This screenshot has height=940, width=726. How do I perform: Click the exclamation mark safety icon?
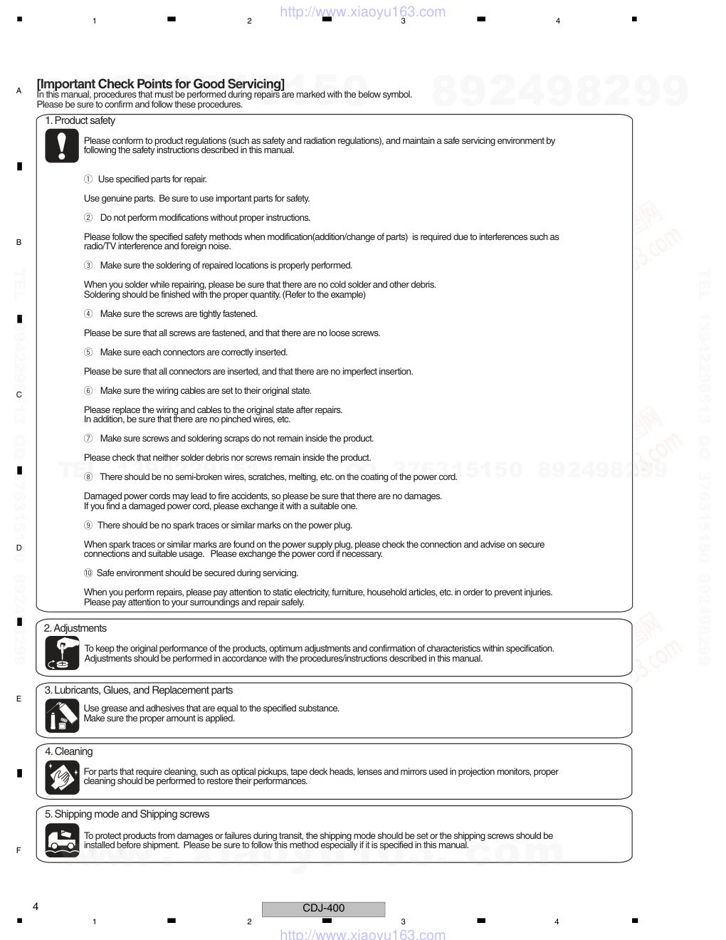pyautogui.click(x=62, y=146)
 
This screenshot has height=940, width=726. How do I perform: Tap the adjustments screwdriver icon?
pyautogui.click(x=62, y=652)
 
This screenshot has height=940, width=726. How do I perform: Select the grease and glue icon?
pyautogui.click(x=62, y=715)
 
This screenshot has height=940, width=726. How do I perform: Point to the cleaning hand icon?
pyautogui.click(x=62, y=777)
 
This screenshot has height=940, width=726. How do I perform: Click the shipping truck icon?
pyautogui.click(x=62, y=840)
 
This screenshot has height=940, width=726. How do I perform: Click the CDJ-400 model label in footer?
pyautogui.click(x=323, y=908)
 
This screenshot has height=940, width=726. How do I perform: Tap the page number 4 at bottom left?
pyautogui.click(x=36, y=907)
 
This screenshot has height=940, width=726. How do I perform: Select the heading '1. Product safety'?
pyautogui.click(x=80, y=120)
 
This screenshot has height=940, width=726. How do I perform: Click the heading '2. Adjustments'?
pyautogui.click(x=75, y=628)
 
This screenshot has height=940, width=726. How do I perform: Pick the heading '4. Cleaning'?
pyautogui.click(x=68, y=751)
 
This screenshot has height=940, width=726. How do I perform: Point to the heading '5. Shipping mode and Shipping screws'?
pyautogui.click(x=127, y=814)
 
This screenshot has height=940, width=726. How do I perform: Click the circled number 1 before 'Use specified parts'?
pyautogui.click(x=88, y=179)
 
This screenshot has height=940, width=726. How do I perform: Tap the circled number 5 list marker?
pyautogui.click(x=88, y=352)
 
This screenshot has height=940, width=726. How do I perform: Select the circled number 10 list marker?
pyautogui.click(x=88, y=573)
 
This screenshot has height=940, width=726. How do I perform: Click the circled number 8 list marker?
pyautogui.click(x=88, y=477)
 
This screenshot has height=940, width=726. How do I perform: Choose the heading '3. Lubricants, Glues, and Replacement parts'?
pyautogui.click(x=139, y=690)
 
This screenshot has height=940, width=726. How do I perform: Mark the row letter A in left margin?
pyautogui.click(x=19, y=91)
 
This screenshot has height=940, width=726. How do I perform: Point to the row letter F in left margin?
pyautogui.click(x=19, y=850)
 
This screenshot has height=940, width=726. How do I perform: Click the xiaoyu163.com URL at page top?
pyautogui.click(x=363, y=11)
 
